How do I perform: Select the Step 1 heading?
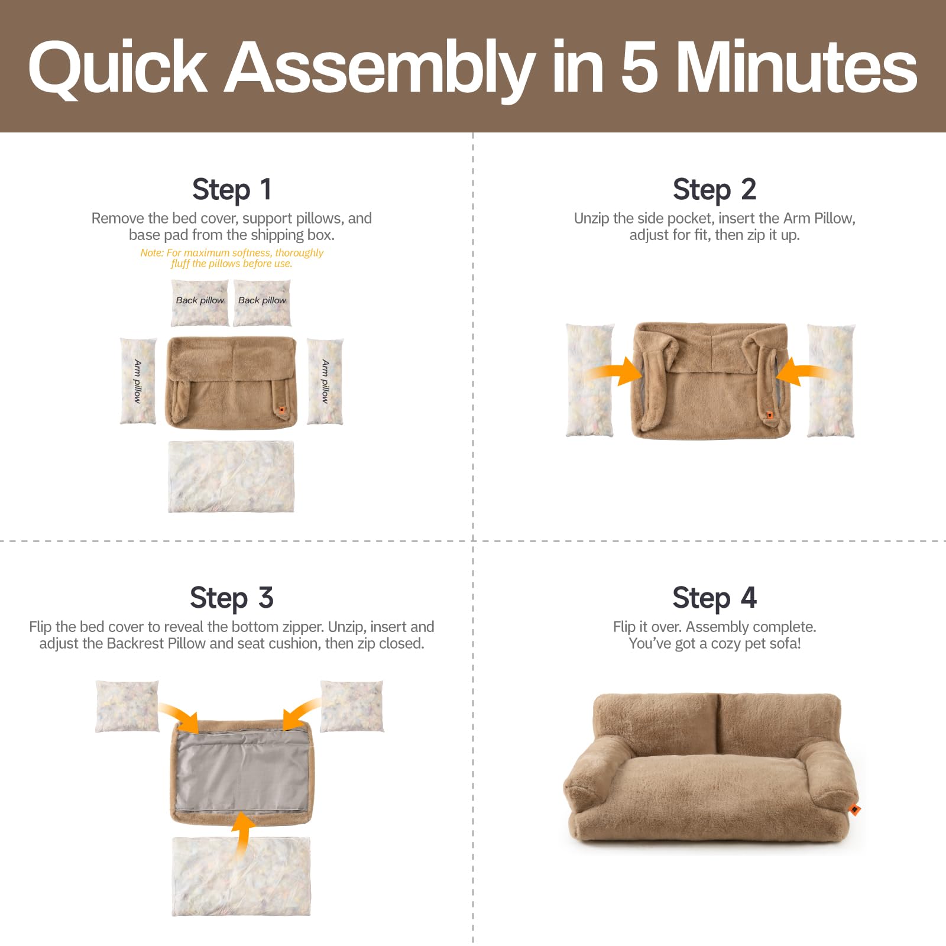tap(232, 189)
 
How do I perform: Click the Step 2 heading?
tap(714, 189)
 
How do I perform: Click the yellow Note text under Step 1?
tap(232, 258)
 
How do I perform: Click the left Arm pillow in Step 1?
tap(138, 381)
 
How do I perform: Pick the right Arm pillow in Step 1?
tap(325, 381)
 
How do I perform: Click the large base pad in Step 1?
tap(231, 476)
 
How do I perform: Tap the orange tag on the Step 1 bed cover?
tap(282, 409)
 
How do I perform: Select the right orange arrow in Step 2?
tap(801, 372)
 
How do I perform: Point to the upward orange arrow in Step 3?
tap(242, 834)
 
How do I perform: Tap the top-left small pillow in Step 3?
tap(127, 707)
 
